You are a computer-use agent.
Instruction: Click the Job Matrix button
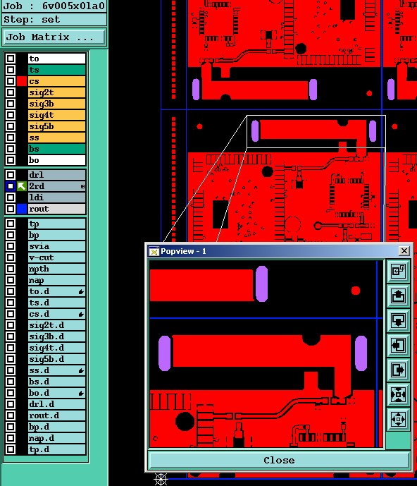click(x=54, y=37)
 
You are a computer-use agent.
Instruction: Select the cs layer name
click(x=56, y=81)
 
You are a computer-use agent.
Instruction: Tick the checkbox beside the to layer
click(x=11, y=59)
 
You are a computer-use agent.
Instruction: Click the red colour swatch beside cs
click(x=22, y=81)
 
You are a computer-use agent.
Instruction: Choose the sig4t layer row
click(x=56, y=115)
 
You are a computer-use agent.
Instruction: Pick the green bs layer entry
click(x=56, y=149)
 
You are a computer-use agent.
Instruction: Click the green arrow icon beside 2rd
click(x=22, y=186)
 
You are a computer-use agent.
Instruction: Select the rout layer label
click(x=56, y=209)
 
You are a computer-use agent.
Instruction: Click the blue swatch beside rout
click(x=22, y=209)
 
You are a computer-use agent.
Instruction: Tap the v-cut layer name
click(x=56, y=257)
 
